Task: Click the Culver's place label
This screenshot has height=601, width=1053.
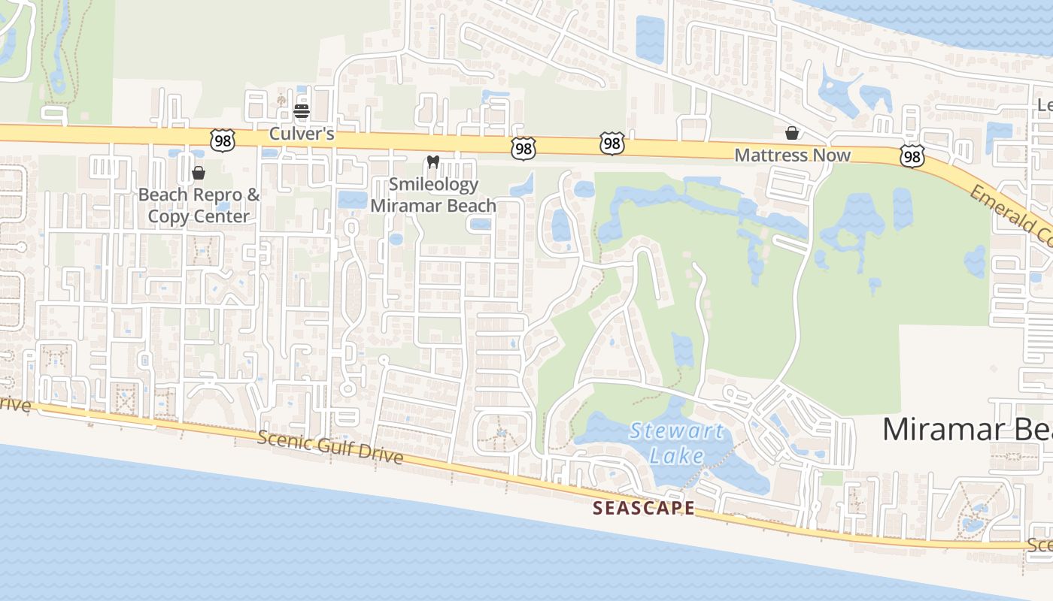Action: coord(302,135)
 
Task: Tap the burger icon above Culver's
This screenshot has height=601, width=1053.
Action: coord(302,112)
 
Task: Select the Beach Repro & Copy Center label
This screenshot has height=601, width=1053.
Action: coord(199,205)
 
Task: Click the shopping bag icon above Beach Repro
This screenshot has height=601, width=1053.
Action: coord(199,173)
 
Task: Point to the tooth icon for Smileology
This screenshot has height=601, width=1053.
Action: coord(432,161)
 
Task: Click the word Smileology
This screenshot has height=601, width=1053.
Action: coord(434,184)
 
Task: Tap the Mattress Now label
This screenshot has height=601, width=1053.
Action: coord(792,156)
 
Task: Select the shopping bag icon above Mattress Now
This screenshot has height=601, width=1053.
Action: coord(792,133)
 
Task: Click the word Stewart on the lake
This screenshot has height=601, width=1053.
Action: coord(677,431)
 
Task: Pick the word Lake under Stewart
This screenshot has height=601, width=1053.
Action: coord(677,455)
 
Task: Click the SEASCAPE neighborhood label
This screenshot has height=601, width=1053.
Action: coord(644,508)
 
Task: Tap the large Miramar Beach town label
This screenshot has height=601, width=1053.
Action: coord(967,429)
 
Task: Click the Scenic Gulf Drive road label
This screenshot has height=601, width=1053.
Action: coord(330,448)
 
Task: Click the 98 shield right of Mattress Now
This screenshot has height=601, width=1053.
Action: coord(912,156)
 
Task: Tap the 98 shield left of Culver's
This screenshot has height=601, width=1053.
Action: coord(223,140)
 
